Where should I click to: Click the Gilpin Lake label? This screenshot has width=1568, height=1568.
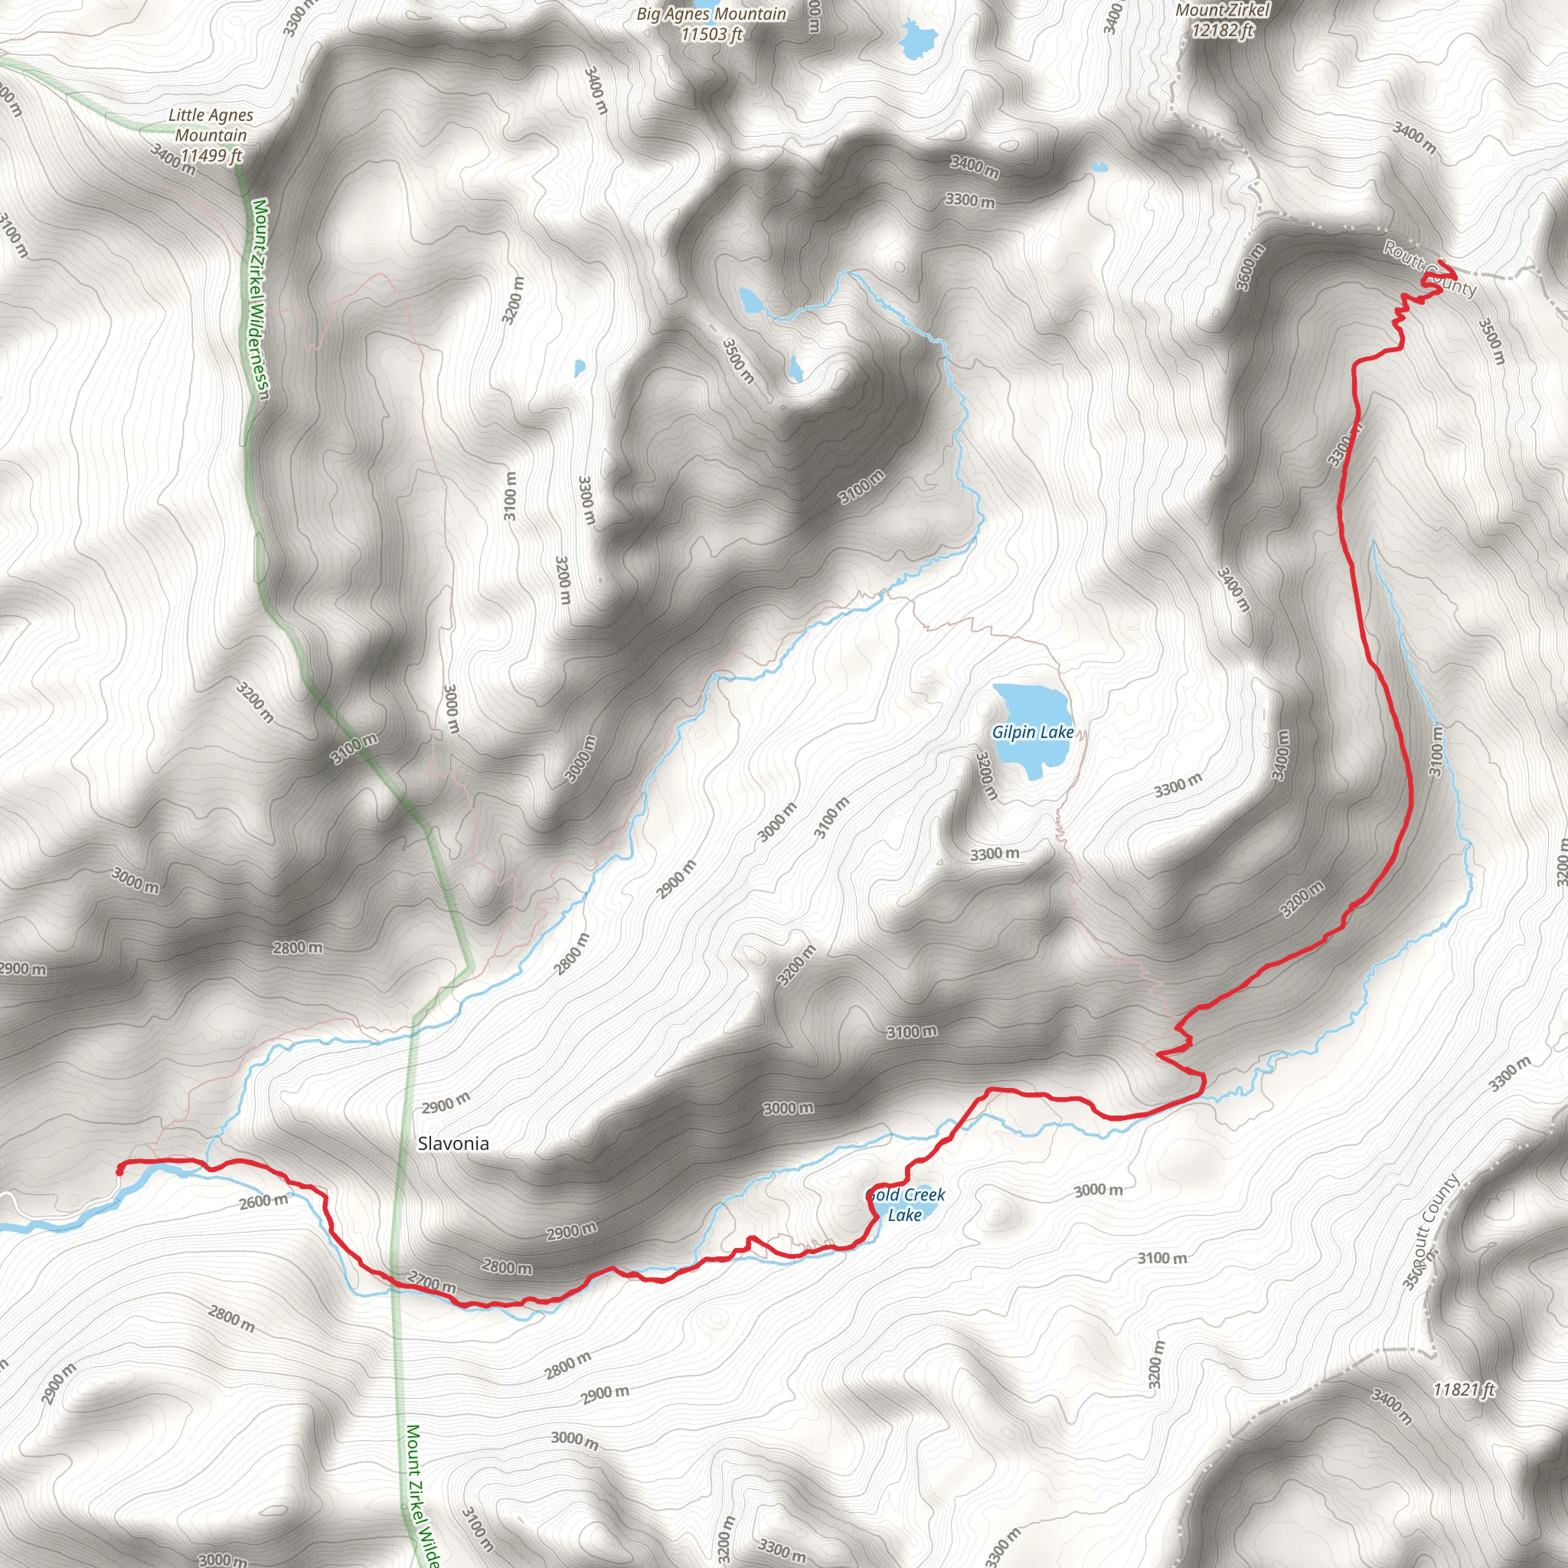[x=1032, y=732]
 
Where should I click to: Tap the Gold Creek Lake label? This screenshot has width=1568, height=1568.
[x=906, y=1205]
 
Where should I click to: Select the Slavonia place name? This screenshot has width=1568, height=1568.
[x=453, y=1144]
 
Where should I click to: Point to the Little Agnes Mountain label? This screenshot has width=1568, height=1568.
[x=211, y=125]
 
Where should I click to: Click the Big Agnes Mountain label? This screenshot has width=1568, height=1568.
[x=711, y=14]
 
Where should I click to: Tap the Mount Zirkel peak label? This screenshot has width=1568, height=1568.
[x=1222, y=11]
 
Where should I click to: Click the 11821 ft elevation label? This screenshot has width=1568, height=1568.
[x=1463, y=1390]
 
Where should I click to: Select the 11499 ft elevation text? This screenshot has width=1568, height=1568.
[x=211, y=155]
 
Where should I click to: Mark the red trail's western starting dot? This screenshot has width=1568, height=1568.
[x=120, y=1171]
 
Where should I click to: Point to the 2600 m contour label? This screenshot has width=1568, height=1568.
[x=263, y=1200]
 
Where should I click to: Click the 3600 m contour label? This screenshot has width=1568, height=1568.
[x=1249, y=268]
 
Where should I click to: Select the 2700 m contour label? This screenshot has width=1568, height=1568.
[x=431, y=1283]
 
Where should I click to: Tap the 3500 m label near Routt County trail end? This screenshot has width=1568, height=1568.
[x=1491, y=341]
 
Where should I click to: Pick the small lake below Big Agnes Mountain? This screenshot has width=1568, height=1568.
[x=918, y=38]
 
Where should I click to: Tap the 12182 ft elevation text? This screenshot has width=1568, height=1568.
[x=1222, y=31]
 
